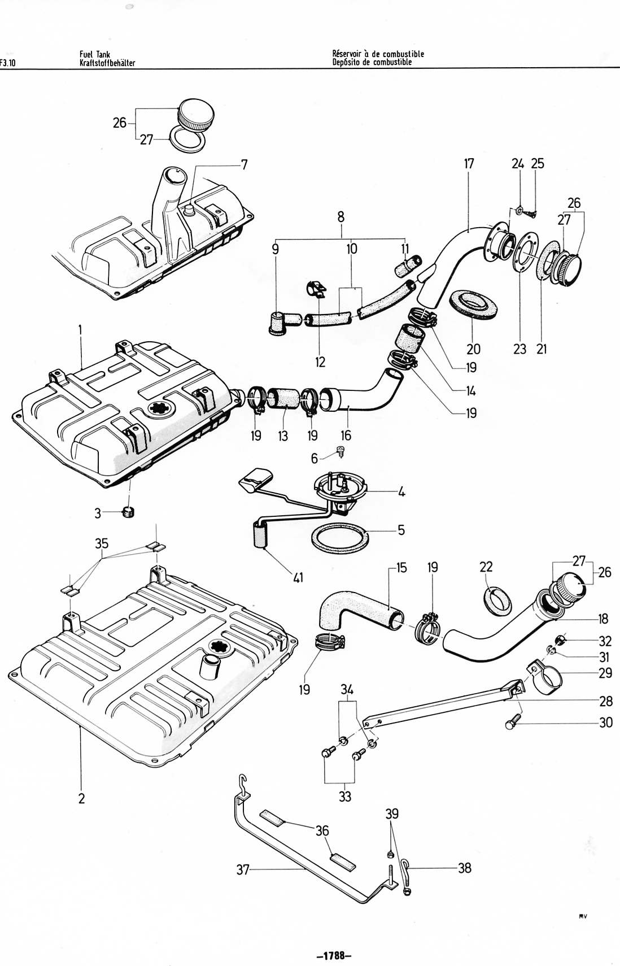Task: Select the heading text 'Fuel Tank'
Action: (95, 54)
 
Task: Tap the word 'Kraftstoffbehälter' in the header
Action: (107, 63)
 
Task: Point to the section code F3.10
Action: (8, 63)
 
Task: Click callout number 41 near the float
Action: (298, 577)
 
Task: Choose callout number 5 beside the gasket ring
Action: (401, 530)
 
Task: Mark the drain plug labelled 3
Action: (129, 512)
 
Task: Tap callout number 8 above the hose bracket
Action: (341, 216)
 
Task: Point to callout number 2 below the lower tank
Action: (81, 798)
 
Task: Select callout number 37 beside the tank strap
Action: (243, 870)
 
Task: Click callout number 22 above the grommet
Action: (486, 567)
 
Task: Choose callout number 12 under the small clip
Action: (320, 362)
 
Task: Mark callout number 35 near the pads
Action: (102, 543)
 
